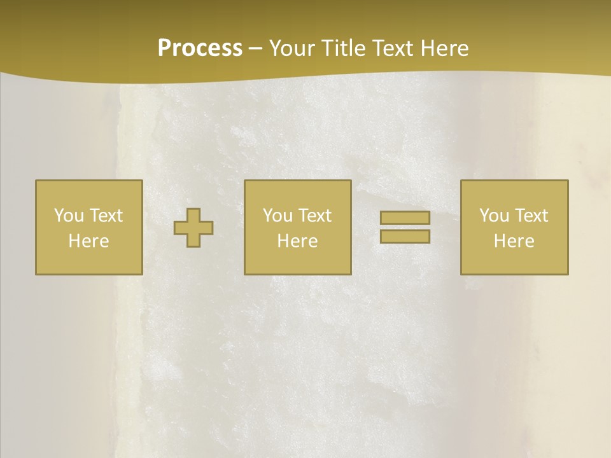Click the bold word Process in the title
tap(200, 48)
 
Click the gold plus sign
tap(193, 228)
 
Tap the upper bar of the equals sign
tap(405, 218)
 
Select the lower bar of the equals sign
tap(405, 236)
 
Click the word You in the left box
tap(69, 216)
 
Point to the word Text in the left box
tap(106, 216)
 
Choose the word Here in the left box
tap(88, 241)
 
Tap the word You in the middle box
tap(277, 216)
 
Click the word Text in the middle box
tap(314, 216)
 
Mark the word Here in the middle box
tap(297, 241)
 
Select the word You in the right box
tap(494, 216)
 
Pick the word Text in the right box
tap(531, 216)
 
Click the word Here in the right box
tap(514, 241)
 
